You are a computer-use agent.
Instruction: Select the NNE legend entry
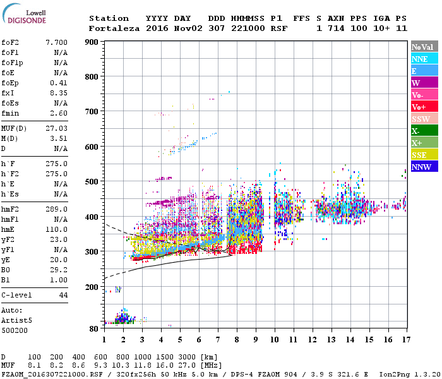421,59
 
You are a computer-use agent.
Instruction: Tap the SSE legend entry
421,155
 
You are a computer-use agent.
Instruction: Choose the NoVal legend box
424,47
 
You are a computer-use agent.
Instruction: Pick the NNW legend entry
422,167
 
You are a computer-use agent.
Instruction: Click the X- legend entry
417,131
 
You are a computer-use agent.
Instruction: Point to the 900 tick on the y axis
92,42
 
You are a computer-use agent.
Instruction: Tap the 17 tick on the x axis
405,339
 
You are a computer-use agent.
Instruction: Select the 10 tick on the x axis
275,339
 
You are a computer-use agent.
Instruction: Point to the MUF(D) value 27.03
56,128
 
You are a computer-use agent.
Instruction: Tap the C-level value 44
63,295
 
